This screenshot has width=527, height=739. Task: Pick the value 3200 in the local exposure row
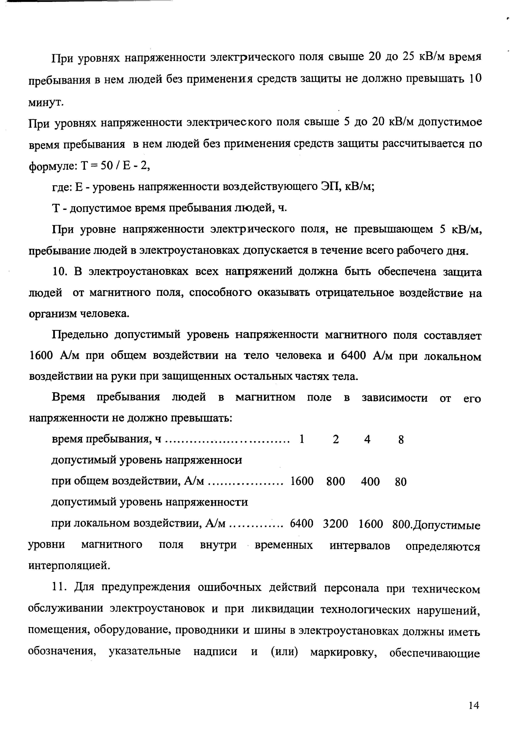[335, 523]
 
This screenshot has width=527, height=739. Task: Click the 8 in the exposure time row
[401, 440]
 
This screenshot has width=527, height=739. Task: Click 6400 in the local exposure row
[301, 523]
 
